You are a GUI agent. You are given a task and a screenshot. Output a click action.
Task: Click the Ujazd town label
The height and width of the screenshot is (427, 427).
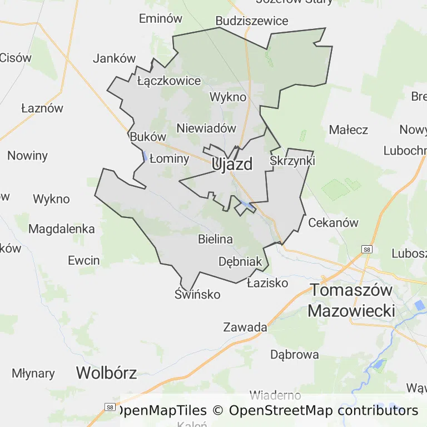[232, 164]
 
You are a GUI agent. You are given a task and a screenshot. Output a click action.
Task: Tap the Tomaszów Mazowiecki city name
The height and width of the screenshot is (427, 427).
[351, 300]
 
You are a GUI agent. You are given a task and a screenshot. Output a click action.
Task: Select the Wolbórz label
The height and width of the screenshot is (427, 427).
[106, 372]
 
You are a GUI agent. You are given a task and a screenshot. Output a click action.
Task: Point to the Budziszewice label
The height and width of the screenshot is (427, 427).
[252, 21]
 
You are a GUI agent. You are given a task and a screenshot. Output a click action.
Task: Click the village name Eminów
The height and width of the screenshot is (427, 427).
[160, 18]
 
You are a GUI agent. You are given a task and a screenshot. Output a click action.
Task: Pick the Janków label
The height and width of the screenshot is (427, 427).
[115, 58]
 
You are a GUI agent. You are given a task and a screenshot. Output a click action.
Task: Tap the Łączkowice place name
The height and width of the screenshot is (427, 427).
[168, 81]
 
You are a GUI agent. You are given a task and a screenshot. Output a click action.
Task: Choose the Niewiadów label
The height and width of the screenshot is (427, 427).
[206, 128]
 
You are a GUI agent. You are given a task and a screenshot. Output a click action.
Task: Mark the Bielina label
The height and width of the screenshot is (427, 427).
[215, 239]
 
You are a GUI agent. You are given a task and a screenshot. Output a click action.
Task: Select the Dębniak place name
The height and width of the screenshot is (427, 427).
[240, 261]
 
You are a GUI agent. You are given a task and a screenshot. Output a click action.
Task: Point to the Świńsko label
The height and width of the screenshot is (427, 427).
[197, 294]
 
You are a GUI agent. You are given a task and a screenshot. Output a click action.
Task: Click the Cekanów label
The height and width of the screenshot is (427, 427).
[333, 222]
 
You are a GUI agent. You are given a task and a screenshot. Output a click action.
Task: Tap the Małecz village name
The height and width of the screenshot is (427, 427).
[349, 130]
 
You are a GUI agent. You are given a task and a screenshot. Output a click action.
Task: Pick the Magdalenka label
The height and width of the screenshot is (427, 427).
[61, 229]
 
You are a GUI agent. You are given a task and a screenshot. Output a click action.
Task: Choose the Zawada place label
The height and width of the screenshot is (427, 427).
[245, 327]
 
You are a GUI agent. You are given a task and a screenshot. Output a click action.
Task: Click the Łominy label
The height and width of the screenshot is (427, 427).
[170, 158]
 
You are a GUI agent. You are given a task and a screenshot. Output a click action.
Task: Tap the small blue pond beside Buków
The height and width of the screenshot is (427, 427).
[145, 156]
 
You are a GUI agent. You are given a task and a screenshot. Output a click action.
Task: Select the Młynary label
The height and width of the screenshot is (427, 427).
[33, 373]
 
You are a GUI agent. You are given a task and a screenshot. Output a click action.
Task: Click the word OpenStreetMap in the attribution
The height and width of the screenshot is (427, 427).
[281, 411]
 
